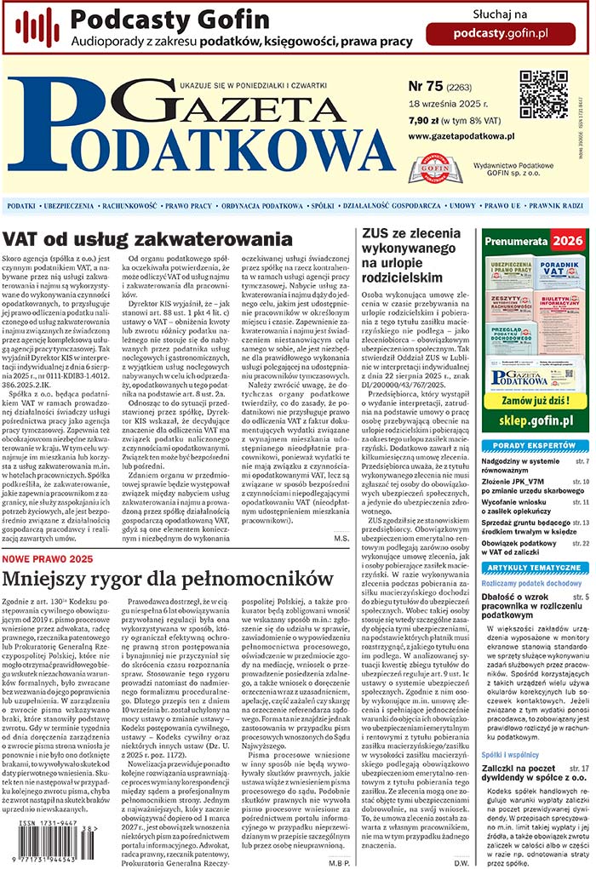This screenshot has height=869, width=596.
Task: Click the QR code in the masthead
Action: click(543, 94)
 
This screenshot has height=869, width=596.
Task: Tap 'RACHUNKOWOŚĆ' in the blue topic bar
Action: click(129, 206)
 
